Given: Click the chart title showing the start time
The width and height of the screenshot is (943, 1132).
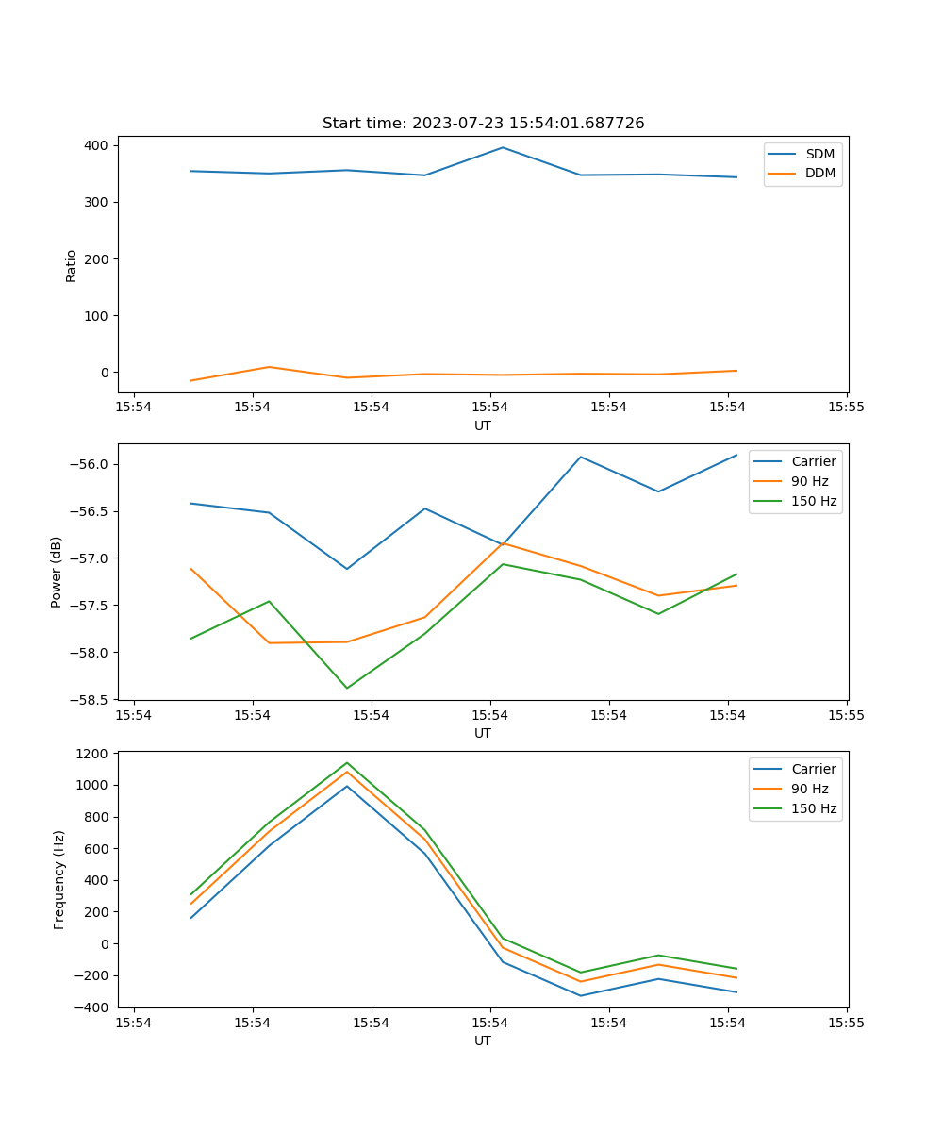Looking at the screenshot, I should coord(483,124).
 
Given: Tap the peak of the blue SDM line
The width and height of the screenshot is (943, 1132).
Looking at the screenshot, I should coord(503,147).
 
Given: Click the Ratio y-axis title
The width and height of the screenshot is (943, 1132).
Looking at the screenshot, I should coord(72,265).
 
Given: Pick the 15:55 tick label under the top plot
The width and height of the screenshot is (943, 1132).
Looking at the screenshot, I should coord(846,408).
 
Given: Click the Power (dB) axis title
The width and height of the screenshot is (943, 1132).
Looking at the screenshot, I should coord(57,572).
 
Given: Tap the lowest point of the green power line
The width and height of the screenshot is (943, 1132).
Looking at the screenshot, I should coord(347,688).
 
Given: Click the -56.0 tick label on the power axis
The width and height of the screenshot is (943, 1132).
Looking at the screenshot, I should coord(92,464).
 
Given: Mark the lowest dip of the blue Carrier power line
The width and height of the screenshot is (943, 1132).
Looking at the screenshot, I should coord(347,569).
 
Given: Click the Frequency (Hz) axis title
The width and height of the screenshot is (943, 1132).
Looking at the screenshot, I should coord(59,879).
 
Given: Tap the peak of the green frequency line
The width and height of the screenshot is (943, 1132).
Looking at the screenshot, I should coord(347,763).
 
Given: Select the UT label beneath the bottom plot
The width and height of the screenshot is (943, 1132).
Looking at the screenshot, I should coord(483,1040).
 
